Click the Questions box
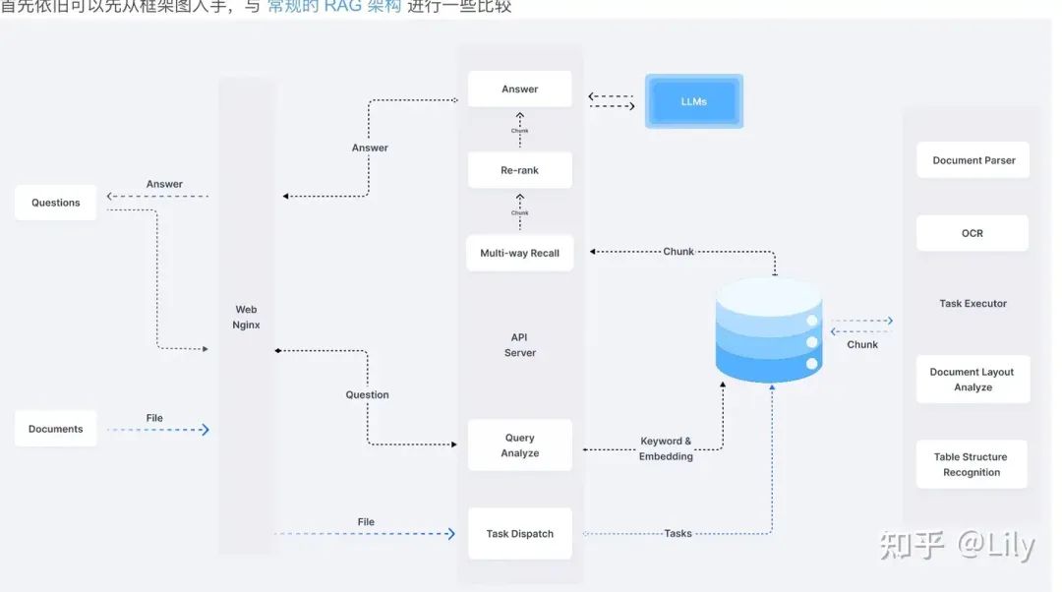point(56,203)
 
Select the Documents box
point(56,429)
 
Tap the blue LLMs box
point(694,101)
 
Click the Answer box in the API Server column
point(519,89)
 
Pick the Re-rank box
point(519,170)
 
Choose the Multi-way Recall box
point(519,253)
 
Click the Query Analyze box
point(519,445)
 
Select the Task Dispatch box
point(519,534)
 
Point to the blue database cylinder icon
point(768,329)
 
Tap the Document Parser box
point(973,160)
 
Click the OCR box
point(973,233)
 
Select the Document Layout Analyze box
point(973,380)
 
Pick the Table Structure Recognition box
point(972,464)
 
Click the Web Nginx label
point(246,317)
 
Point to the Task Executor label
point(973,304)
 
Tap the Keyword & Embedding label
point(666,448)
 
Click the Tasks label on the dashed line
point(678,534)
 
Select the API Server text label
point(520,345)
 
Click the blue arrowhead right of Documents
point(205,430)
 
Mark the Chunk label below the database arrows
point(862,344)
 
